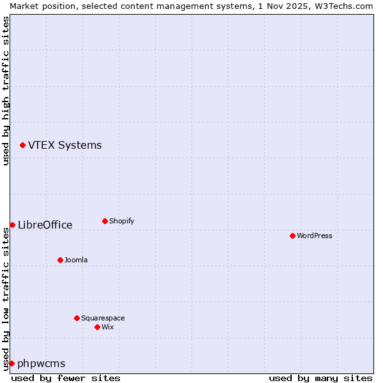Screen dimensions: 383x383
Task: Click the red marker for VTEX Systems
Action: point(23,146)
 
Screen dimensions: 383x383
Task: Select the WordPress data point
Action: point(292,236)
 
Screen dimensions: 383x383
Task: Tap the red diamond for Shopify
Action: point(105,222)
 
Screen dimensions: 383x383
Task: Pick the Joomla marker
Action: point(60,260)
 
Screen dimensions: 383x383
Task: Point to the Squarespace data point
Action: point(77,318)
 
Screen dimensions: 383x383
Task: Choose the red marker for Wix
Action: point(97,327)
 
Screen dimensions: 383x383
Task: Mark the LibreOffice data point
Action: point(12,225)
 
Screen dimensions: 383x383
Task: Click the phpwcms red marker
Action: point(11,363)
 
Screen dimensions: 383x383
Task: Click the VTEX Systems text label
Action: point(64,146)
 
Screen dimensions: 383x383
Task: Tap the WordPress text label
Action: point(315,236)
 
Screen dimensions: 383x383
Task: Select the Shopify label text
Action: point(121,222)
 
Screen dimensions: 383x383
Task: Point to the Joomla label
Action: point(76,260)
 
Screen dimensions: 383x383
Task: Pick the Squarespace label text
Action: point(103,318)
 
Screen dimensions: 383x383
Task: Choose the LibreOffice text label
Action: point(45,225)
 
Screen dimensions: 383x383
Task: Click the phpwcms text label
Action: point(41,364)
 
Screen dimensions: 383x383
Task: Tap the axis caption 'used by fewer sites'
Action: point(66,378)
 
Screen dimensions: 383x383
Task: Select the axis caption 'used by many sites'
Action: point(320,378)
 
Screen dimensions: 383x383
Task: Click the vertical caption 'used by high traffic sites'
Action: point(6,91)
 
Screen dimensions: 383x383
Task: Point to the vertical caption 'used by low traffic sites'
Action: point(6,297)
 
